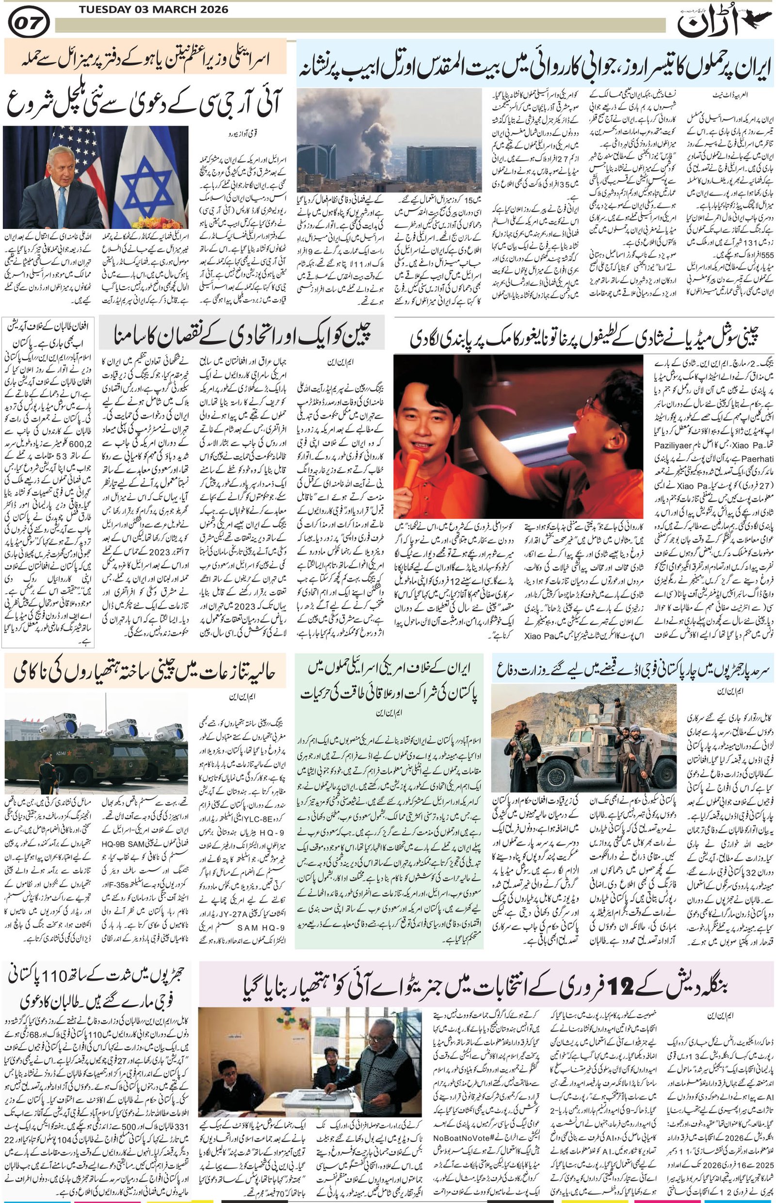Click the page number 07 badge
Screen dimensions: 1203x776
(x=29, y=23)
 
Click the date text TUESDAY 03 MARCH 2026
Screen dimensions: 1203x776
(x=153, y=10)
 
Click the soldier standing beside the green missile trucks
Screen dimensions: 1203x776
(x=45, y=765)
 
